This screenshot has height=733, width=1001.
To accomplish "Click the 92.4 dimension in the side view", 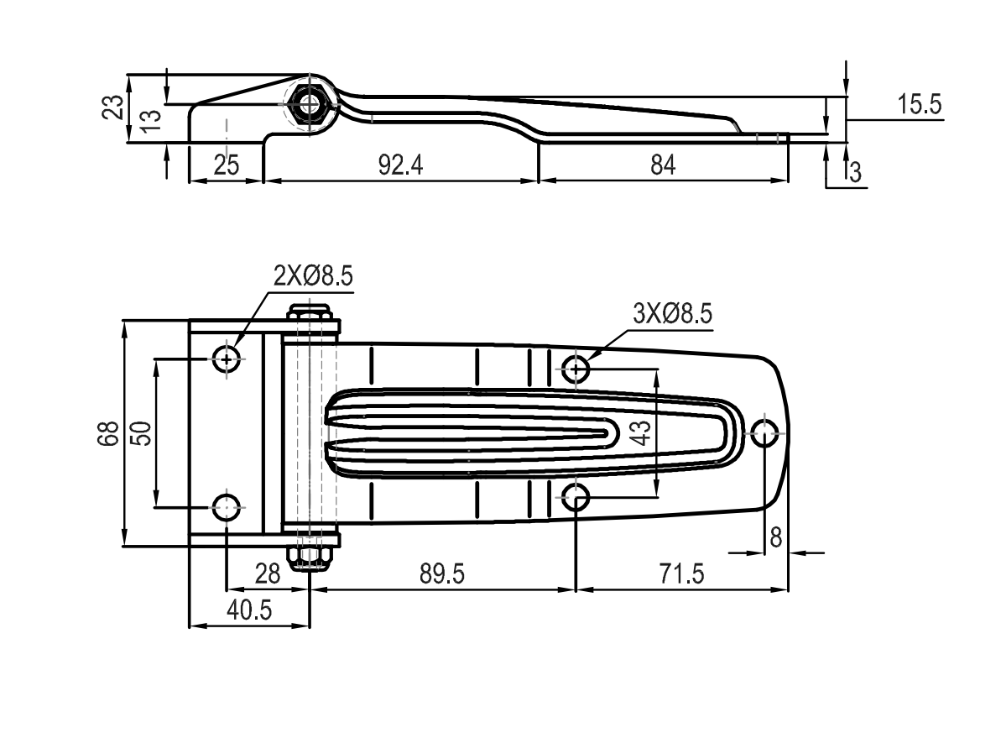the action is [x=400, y=165].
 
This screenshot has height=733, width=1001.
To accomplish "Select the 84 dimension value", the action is [x=663, y=165].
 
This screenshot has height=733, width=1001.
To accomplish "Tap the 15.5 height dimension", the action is [x=920, y=103].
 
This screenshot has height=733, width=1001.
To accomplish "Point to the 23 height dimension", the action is [x=113, y=107].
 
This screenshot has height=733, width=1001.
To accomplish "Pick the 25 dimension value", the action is [x=226, y=165].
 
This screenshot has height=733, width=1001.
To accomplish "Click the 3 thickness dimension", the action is [x=855, y=172].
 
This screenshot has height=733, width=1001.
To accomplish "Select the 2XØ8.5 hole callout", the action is [x=313, y=276].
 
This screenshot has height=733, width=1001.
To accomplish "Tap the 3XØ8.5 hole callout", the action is [x=672, y=314].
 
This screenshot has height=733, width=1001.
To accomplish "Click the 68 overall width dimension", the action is [x=108, y=433].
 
